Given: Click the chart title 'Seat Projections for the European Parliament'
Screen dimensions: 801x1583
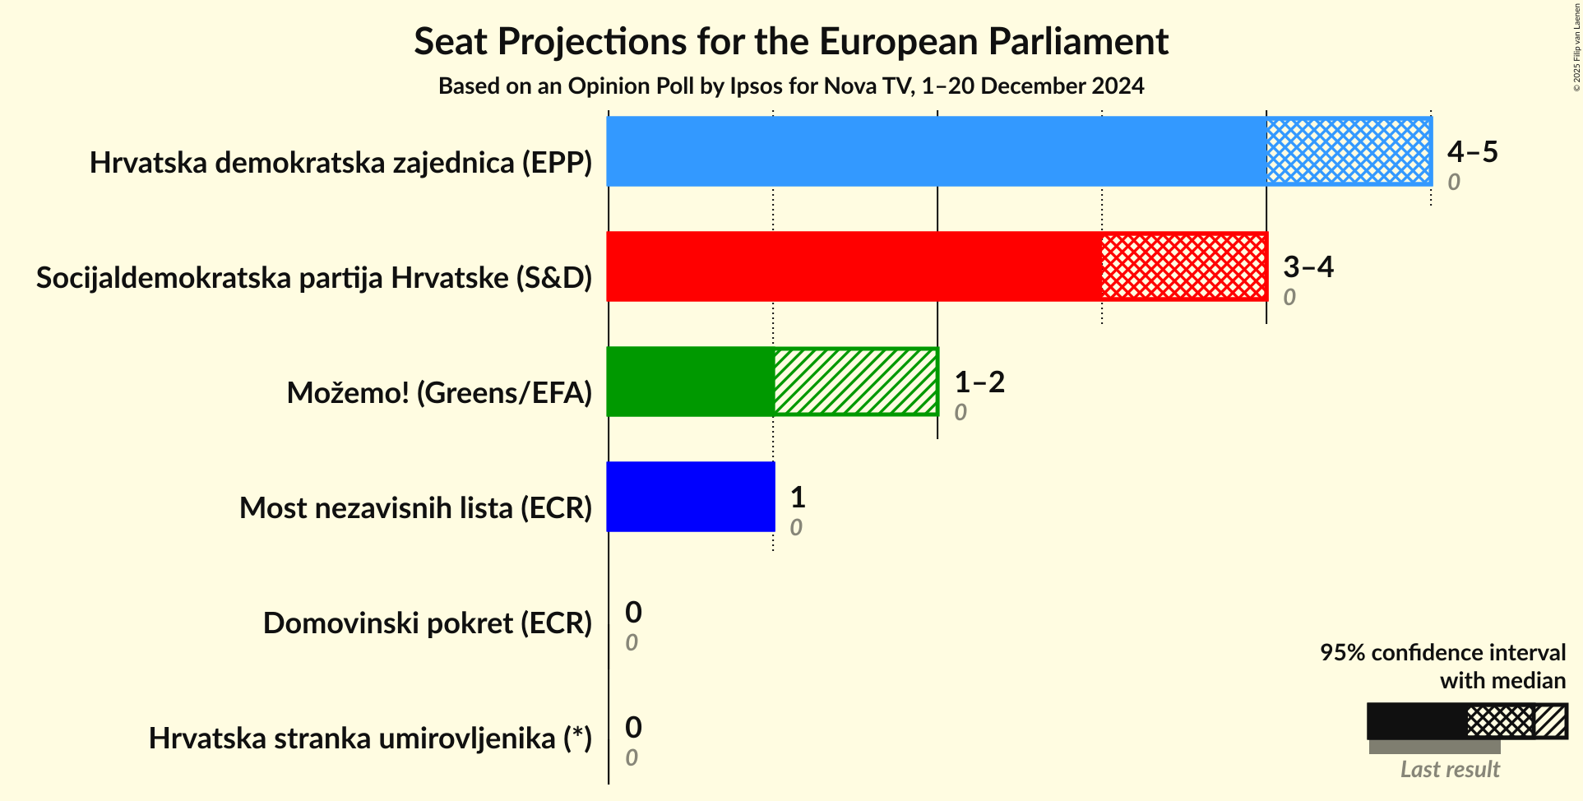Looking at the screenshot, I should pyautogui.click(x=791, y=41).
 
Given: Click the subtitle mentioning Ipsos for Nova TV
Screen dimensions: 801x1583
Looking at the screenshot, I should pyautogui.click(x=791, y=86).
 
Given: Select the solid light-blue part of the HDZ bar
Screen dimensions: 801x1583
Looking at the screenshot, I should pyautogui.click(x=936, y=151).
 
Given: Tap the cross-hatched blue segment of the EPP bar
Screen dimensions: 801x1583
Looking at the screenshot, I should pyautogui.click(x=1349, y=151).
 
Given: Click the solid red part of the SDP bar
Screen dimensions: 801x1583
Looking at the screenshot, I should pyautogui.click(x=854, y=266).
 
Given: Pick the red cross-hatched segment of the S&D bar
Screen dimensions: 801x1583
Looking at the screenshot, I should pyautogui.click(x=1184, y=266).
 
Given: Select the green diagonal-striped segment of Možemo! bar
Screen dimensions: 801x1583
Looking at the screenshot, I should pyautogui.click(x=855, y=382).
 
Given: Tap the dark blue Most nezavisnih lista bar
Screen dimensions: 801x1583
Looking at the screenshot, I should pyautogui.click(x=691, y=497).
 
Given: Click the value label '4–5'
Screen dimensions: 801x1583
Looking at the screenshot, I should pyautogui.click(x=1472, y=151).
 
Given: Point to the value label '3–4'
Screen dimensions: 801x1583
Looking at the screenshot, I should pyautogui.click(x=1308, y=266).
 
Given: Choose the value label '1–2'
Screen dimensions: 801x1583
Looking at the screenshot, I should pyautogui.click(x=979, y=382).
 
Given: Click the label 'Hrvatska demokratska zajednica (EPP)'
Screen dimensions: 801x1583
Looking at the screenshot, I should pyautogui.click(x=340, y=163).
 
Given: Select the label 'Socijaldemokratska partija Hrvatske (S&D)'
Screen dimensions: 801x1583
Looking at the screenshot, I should pyautogui.click(x=314, y=278).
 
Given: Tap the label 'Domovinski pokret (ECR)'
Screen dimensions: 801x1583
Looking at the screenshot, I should pyautogui.click(x=428, y=623).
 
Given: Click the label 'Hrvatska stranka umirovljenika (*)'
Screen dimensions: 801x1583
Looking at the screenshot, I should pyautogui.click(x=370, y=738).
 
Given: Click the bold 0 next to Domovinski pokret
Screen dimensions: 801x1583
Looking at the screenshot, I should pyautogui.click(x=633, y=612).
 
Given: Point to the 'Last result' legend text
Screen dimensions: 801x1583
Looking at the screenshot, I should pyautogui.click(x=1450, y=769).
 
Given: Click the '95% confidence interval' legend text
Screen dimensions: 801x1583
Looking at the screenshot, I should pyautogui.click(x=1442, y=652).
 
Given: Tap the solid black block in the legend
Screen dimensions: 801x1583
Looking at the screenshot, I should pyautogui.click(x=1416, y=721).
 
